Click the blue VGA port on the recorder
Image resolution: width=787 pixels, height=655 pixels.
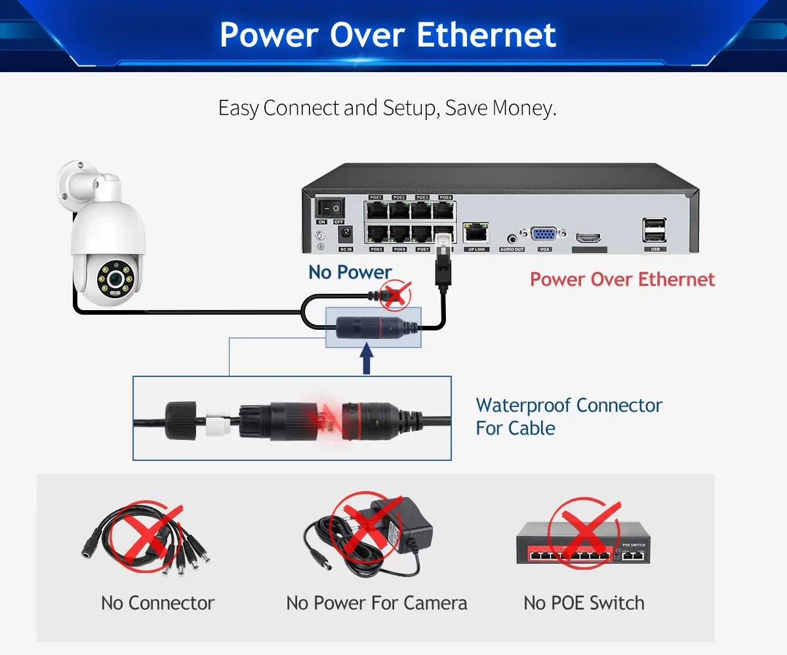[544, 236]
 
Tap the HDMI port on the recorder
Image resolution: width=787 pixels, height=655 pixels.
[589, 239]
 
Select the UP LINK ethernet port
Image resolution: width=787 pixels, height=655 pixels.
[475, 231]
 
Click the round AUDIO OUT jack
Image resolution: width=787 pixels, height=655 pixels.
[512, 239]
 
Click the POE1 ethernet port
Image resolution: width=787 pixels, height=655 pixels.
[376, 210]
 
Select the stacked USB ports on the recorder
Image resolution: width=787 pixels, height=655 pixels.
[654, 231]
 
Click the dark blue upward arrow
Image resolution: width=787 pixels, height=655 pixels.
[367, 361]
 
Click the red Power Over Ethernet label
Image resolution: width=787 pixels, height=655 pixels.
[622, 279]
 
